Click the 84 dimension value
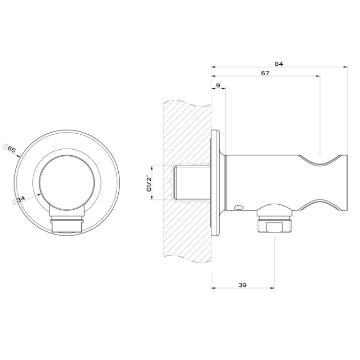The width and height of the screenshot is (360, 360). [x=279, y=64]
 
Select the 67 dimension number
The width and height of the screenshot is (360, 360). [x=265, y=73]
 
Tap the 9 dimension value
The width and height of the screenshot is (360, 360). [x=218, y=85]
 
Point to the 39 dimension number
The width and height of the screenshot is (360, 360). [x=243, y=285]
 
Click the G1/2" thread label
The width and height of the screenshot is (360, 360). [x=149, y=183]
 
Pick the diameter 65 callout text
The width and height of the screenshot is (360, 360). [x=10, y=149]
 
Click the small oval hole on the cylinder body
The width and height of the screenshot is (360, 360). [x=238, y=207]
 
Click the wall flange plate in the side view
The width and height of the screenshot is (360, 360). [x=215, y=183]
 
